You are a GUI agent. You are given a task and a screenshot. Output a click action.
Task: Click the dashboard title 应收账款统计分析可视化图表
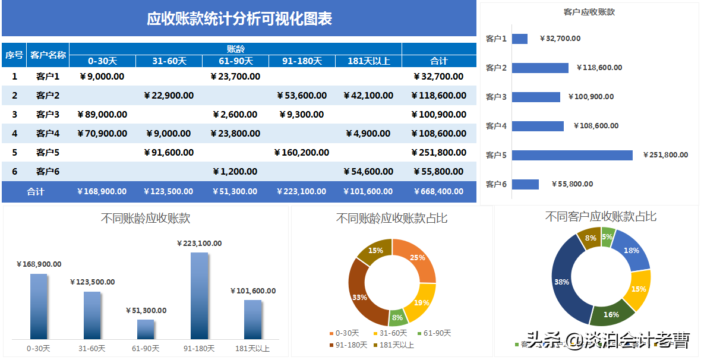tap(239, 19)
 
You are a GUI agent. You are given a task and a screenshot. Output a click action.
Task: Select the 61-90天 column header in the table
tap(235, 61)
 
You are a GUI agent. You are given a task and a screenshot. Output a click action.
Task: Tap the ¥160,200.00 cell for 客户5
tap(302, 153)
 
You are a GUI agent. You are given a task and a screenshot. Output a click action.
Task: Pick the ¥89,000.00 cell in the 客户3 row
tap(102, 115)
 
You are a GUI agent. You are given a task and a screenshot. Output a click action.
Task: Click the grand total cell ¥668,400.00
tap(438, 191)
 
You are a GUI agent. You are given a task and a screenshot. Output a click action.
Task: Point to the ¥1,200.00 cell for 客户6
tap(235, 172)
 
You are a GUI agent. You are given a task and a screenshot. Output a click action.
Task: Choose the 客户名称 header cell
tap(48, 55)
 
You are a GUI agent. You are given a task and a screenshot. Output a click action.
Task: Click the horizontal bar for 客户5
tap(571, 155)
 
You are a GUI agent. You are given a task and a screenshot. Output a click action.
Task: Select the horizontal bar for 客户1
tap(519, 39)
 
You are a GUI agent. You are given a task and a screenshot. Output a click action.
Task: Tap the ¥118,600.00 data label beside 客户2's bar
tap(599, 68)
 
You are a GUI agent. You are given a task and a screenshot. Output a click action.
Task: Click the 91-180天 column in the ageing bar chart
tap(199, 295)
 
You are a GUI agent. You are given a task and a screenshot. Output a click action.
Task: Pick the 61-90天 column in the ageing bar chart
tap(146, 329)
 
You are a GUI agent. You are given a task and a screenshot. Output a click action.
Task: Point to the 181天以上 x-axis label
tap(252, 349)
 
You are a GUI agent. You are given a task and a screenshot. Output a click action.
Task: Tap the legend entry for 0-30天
tap(347, 334)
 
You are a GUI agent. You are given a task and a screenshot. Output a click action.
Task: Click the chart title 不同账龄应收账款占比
tap(391, 219)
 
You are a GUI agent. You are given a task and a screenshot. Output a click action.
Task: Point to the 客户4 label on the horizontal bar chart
tap(496, 126)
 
